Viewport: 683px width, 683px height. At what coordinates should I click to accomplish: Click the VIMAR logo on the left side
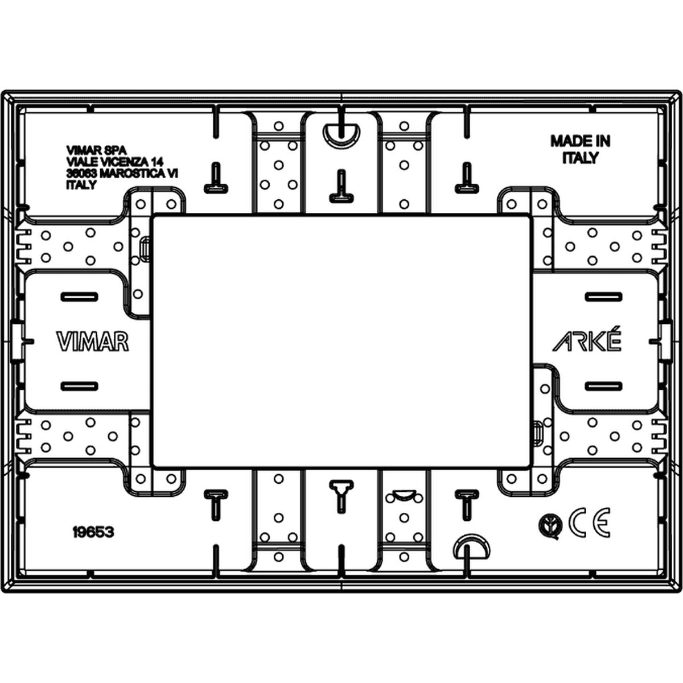coord(93,341)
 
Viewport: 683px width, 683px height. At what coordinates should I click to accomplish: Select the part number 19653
coord(93,532)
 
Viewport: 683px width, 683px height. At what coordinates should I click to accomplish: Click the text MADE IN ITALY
coord(580,149)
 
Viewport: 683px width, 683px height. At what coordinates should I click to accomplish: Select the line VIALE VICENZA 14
coord(115,162)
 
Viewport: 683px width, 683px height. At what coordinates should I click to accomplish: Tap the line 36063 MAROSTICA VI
coord(122,174)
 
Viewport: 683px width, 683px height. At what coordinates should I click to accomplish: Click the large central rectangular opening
coord(341,341)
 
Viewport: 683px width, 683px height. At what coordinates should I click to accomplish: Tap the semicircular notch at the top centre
coord(341,133)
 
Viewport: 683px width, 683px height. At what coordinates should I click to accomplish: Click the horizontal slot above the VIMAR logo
coord(79,297)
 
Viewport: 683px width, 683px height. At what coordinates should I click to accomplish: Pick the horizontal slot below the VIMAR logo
coord(79,386)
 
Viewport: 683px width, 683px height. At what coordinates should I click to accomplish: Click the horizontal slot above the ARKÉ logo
coord(603,297)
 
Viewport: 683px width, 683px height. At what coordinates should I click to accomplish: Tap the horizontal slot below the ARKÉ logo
coord(603,386)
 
